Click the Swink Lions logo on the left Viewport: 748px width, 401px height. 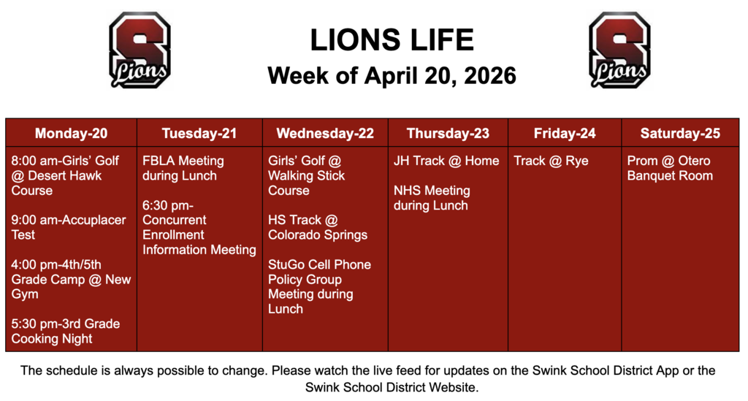pos(140,50)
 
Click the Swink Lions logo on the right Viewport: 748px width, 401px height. pos(619,50)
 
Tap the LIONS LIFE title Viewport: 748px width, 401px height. pos(392,39)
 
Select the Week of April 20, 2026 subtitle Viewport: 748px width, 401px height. pos(392,75)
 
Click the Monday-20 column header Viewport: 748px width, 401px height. pos(71,133)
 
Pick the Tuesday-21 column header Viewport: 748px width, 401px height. pos(199,133)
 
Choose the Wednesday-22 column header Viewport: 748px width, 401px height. pos(324,133)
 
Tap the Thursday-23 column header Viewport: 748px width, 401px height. pos(448,133)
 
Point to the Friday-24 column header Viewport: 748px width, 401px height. pos(565,133)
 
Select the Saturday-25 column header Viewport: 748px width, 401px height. pos(680,133)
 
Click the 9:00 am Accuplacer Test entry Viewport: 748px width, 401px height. pos(69,227)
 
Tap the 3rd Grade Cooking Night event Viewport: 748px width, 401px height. pos(65,331)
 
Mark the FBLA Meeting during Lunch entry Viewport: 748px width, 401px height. pos(183,168)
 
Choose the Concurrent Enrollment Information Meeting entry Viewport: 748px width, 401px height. pos(199,227)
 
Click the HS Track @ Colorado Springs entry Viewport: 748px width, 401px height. pos(317,227)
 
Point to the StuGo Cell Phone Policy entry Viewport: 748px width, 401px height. pos(319,286)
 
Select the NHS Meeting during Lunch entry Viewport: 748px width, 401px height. pos(432,198)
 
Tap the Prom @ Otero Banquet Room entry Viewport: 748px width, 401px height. pos(670,168)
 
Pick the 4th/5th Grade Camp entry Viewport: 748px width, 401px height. pos(71,279)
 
